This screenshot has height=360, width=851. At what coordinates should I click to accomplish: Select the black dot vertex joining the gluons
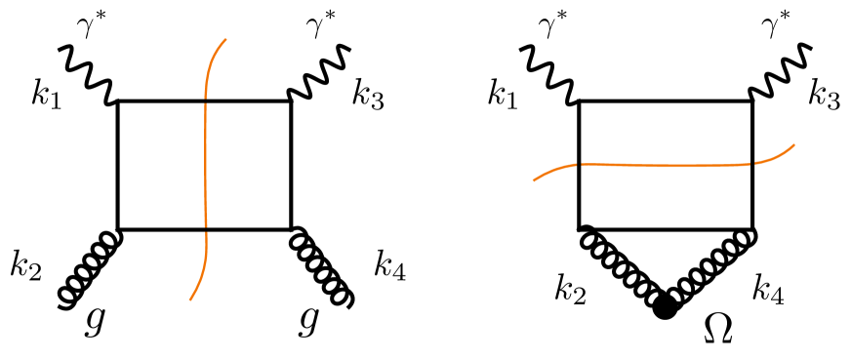(x=666, y=308)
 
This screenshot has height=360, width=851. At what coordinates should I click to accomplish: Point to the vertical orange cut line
(x=205, y=166)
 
